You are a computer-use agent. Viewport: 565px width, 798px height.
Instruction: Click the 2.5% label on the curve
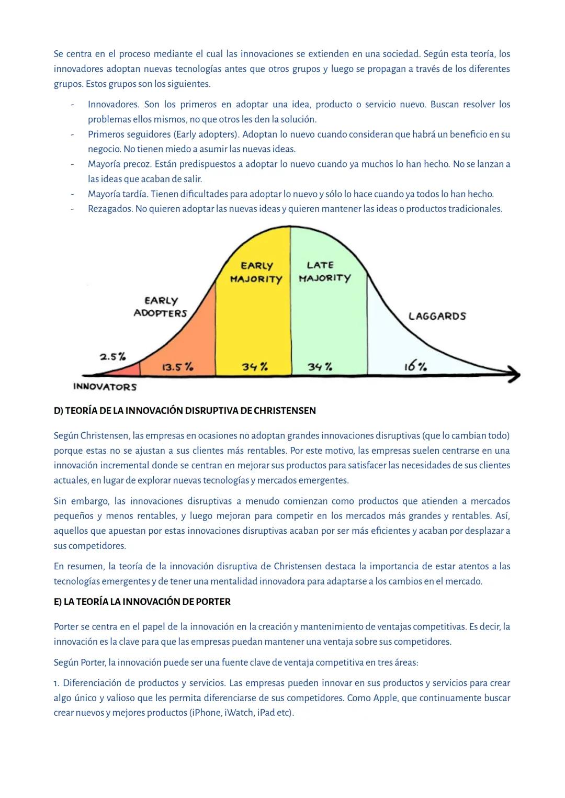pos(113,357)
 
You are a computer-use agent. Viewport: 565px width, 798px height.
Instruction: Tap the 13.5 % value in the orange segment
pos(177,367)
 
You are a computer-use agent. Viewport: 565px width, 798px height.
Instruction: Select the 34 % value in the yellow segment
pos(255,367)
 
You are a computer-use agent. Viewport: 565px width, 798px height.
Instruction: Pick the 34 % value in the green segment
pos(320,367)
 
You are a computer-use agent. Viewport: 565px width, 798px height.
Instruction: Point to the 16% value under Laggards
pos(415,366)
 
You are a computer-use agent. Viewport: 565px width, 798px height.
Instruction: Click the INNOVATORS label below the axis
pos(105,387)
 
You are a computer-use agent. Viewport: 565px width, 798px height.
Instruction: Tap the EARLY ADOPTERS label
pos(161,307)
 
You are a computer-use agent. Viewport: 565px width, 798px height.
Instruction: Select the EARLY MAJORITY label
pos(256,273)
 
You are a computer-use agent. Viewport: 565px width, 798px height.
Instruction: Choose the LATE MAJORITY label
pos(324,272)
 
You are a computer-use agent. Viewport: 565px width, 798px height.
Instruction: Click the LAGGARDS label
pos(437,316)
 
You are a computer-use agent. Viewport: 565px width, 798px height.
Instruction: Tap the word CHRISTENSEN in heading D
pos(285,411)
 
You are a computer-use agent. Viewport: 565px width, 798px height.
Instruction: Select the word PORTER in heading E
pos(213,602)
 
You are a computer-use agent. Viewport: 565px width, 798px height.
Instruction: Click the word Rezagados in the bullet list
pos(110,209)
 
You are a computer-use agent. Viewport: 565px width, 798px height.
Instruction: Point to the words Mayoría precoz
pos(119,164)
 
